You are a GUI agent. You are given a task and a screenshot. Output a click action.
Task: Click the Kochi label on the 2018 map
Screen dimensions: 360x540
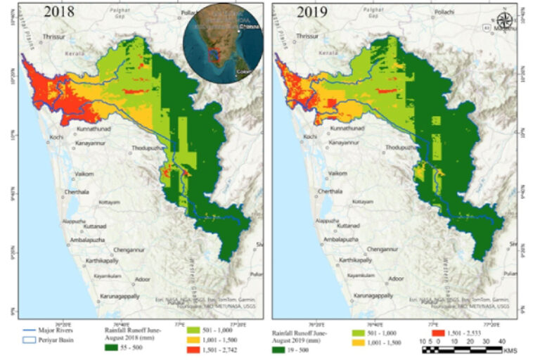[x=56, y=136]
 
